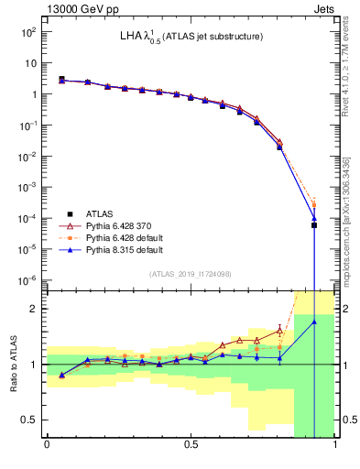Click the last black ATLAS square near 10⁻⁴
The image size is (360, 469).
pyautogui.click(x=313, y=224)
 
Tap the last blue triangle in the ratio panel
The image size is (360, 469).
pyautogui.click(x=313, y=322)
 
